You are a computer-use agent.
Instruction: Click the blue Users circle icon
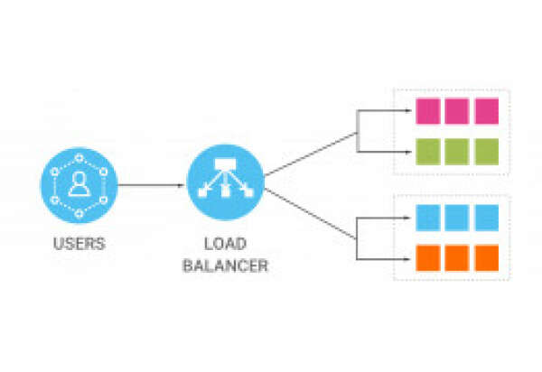[x=79, y=187]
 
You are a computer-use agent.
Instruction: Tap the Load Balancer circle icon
[x=225, y=186]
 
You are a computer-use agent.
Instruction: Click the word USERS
[x=79, y=243]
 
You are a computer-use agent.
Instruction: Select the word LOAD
[x=225, y=245]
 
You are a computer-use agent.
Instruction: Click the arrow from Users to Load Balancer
[x=151, y=187]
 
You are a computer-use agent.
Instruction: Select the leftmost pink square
[x=427, y=111]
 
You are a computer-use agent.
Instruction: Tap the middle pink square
[x=457, y=111]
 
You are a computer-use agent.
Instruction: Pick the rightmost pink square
[x=487, y=111]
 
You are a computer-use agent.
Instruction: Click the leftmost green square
[x=427, y=150]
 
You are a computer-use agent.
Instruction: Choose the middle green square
[x=457, y=150]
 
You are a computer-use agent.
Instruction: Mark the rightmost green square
[x=487, y=150]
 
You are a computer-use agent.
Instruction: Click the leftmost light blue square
[x=427, y=218]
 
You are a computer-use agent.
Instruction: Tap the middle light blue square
[x=457, y=218]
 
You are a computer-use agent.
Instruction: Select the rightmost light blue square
[x=487, y=218]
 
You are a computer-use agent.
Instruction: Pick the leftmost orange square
[x=427, y=256]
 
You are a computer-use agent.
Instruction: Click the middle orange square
[x=457, y=256]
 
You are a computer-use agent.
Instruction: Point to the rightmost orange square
[x=487, y=256]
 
